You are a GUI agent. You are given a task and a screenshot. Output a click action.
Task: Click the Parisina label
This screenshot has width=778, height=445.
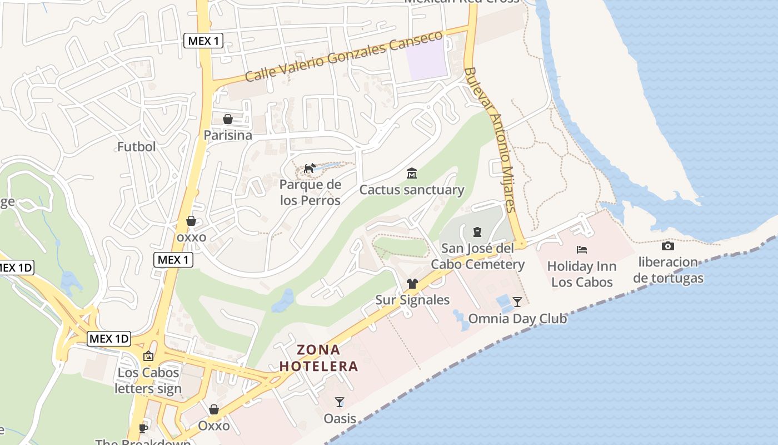pos(228,135)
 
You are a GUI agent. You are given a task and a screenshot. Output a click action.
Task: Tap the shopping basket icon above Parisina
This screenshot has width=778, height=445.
pos(228,119)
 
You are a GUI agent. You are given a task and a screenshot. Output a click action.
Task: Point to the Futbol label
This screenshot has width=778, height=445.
pos(136,147)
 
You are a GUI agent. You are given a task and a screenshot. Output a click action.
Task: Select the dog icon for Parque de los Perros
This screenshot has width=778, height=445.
pos(310,168)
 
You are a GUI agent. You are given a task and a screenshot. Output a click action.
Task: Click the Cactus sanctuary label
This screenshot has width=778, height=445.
pos(411,190)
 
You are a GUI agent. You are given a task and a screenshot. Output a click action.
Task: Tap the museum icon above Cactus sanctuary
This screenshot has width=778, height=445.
pos(412,174)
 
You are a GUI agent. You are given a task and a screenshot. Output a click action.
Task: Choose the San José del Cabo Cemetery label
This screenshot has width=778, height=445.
pos(477,256)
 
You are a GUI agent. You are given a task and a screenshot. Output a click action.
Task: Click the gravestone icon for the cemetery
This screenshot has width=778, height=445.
pos(477,231)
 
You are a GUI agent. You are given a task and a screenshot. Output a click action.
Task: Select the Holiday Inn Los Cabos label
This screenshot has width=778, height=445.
pos(582,274)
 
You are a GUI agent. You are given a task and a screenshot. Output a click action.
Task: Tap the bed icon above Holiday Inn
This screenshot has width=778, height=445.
pos(582,250)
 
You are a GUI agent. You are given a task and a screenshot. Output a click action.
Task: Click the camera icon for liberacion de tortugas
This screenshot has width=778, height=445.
pos(668,246)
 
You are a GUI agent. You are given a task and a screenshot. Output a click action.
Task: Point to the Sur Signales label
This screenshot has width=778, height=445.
pos(412,300)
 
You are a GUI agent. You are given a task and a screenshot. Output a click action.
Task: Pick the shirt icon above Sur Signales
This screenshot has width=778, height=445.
pos(412,284)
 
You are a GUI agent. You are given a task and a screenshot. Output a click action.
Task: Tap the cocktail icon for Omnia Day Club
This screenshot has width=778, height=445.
pos(517,302)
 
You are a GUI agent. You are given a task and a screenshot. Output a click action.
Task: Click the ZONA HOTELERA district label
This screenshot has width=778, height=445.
pos(318,358)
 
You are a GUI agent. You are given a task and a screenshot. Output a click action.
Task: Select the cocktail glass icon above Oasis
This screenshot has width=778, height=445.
pos(340,402)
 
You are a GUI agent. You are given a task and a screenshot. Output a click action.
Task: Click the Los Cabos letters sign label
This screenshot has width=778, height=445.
pos(148,380)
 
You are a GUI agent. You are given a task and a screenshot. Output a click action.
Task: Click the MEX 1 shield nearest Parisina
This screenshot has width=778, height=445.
pos(203,41)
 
